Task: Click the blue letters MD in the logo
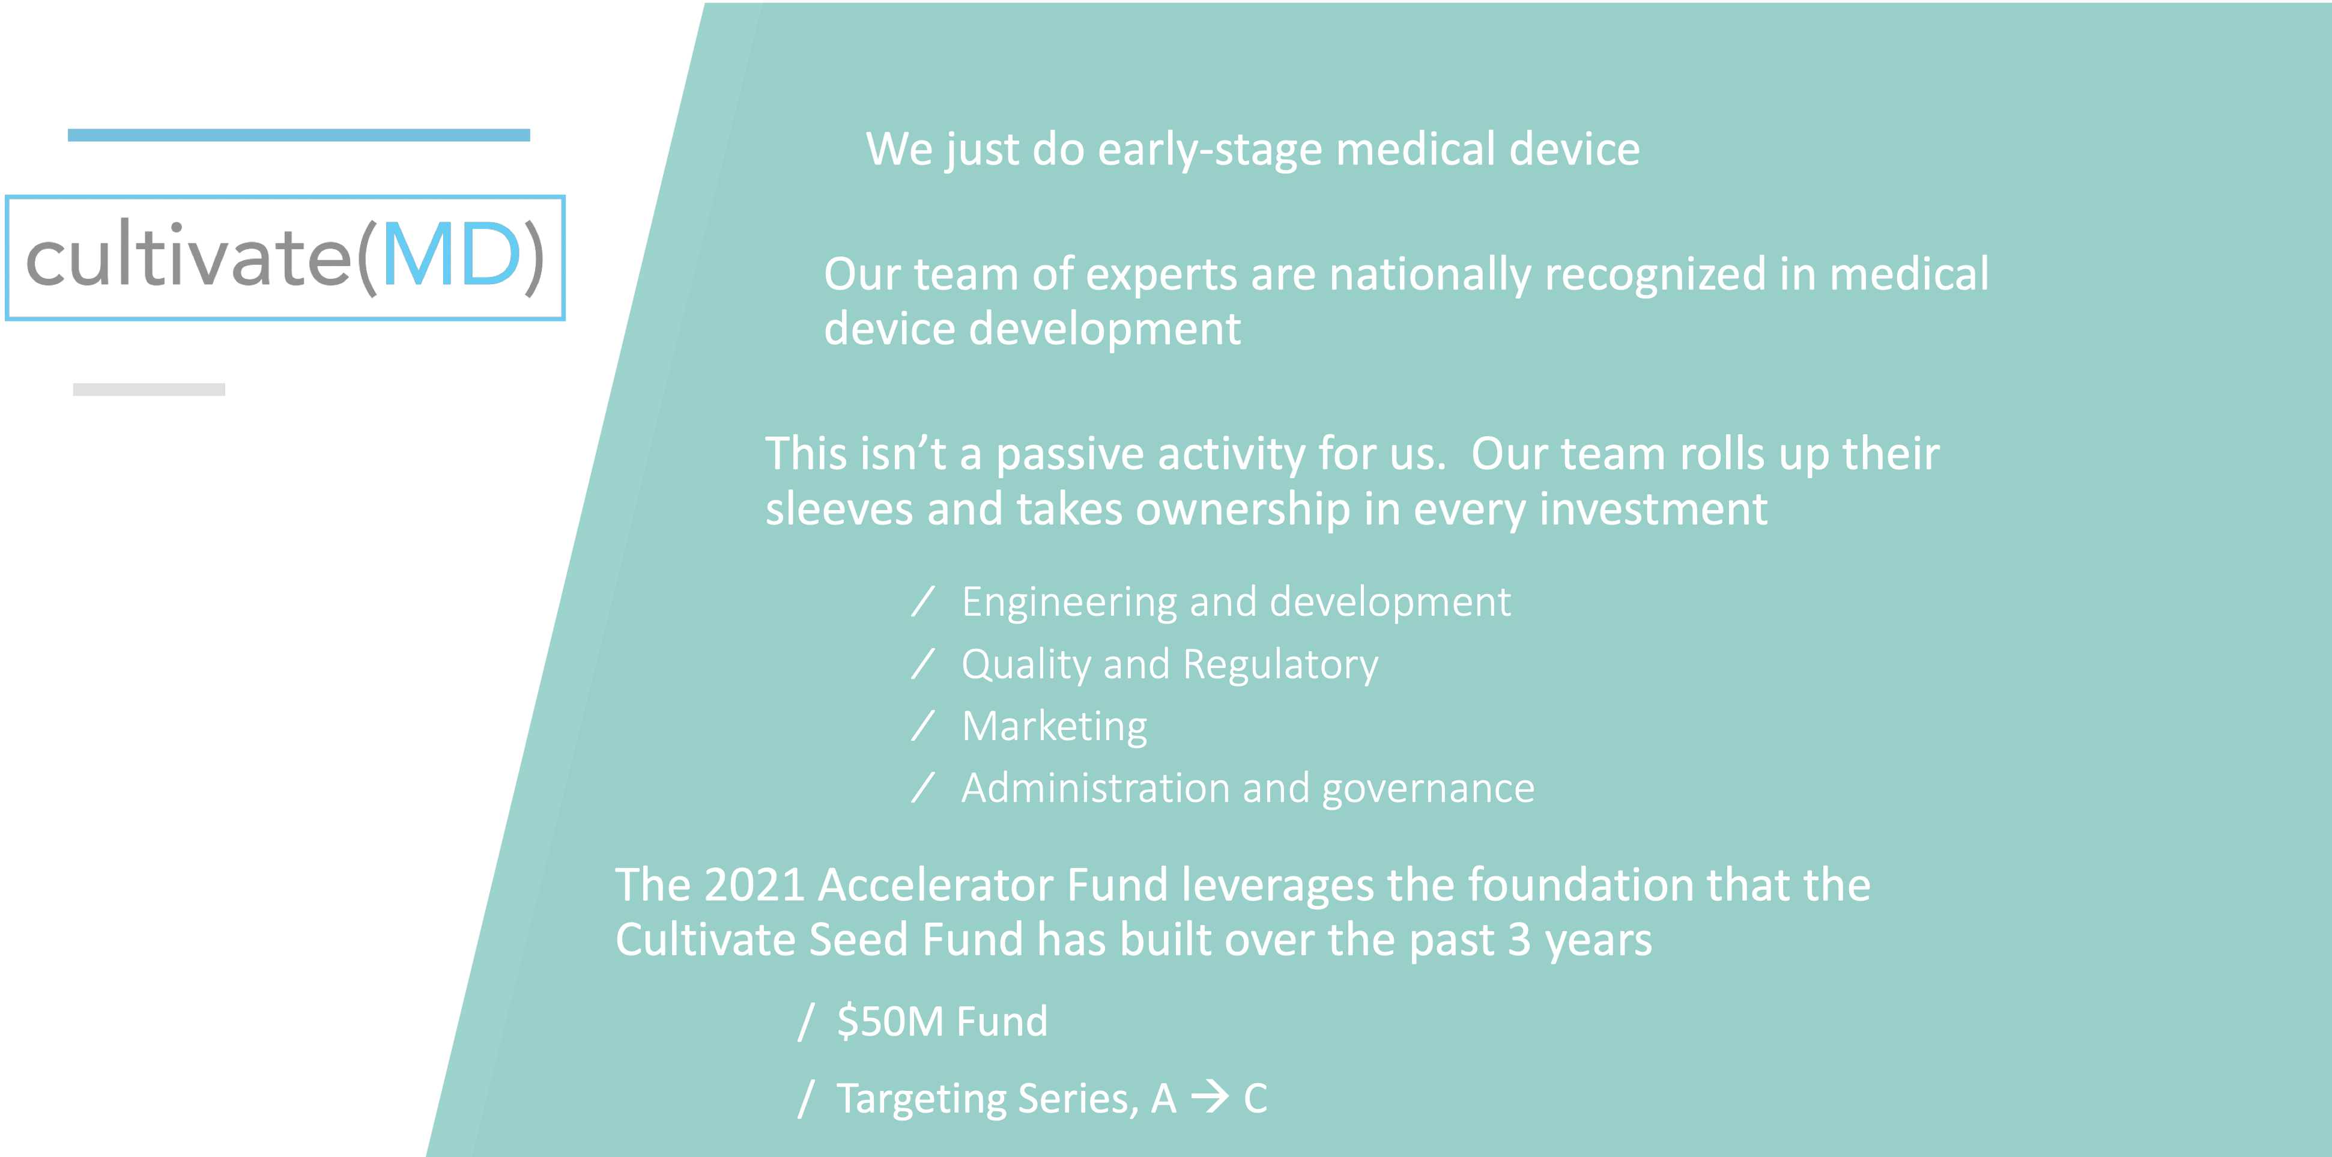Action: click(x=452, y=255)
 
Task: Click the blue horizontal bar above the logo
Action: click(x=298, y=135)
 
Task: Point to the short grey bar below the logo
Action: click(x=150, y=389)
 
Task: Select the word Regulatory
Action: click(x=1281, y=666)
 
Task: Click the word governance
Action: click(x=1429, y=789)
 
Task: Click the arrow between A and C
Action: click(x=1210, y=1098)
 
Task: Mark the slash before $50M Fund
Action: click(x=806, y=1022)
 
